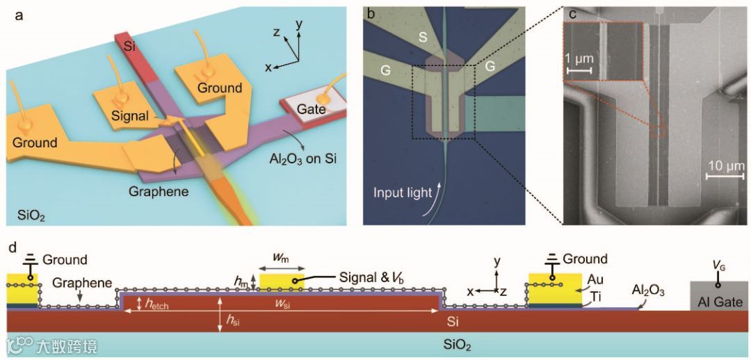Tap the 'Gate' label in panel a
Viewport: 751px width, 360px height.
(312, 108)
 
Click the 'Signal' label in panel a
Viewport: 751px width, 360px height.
(129, 116)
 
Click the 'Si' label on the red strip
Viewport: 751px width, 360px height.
(123, 47)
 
